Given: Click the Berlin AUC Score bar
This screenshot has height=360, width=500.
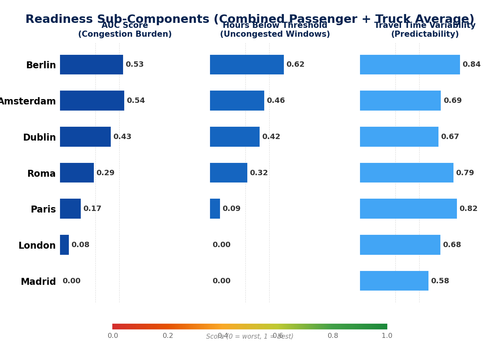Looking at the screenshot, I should coord(91,65).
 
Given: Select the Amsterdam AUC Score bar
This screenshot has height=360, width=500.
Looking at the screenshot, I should coord(92,101).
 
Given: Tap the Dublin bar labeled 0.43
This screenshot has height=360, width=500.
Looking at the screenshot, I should coord(85,137).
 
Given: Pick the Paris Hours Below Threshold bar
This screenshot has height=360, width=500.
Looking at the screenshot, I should coord(215,209).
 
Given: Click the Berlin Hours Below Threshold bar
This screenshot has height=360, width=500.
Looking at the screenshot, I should coord(247,65).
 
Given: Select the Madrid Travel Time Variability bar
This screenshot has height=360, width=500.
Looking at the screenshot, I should coord(394,281).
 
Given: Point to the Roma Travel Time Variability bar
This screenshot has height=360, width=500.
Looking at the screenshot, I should coord(406,173).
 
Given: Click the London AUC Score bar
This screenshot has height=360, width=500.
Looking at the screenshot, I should coord(64,245).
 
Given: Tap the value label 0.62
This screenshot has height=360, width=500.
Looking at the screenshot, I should coord(295,65).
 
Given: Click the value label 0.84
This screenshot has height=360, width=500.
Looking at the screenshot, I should coord(471,65).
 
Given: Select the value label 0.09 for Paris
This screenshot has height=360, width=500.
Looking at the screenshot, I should coord(231,209).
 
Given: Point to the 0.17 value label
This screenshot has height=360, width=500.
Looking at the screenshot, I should coord(92,209).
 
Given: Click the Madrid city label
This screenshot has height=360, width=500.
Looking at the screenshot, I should coord(38,282).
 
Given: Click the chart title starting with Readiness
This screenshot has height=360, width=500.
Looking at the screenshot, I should coord(249,19).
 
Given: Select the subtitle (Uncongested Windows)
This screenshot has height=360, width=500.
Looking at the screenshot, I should coord(260,34).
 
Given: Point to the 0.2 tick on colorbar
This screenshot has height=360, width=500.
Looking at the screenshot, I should coord(168,336).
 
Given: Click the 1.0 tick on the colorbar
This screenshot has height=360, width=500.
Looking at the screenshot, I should coord(386,336).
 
